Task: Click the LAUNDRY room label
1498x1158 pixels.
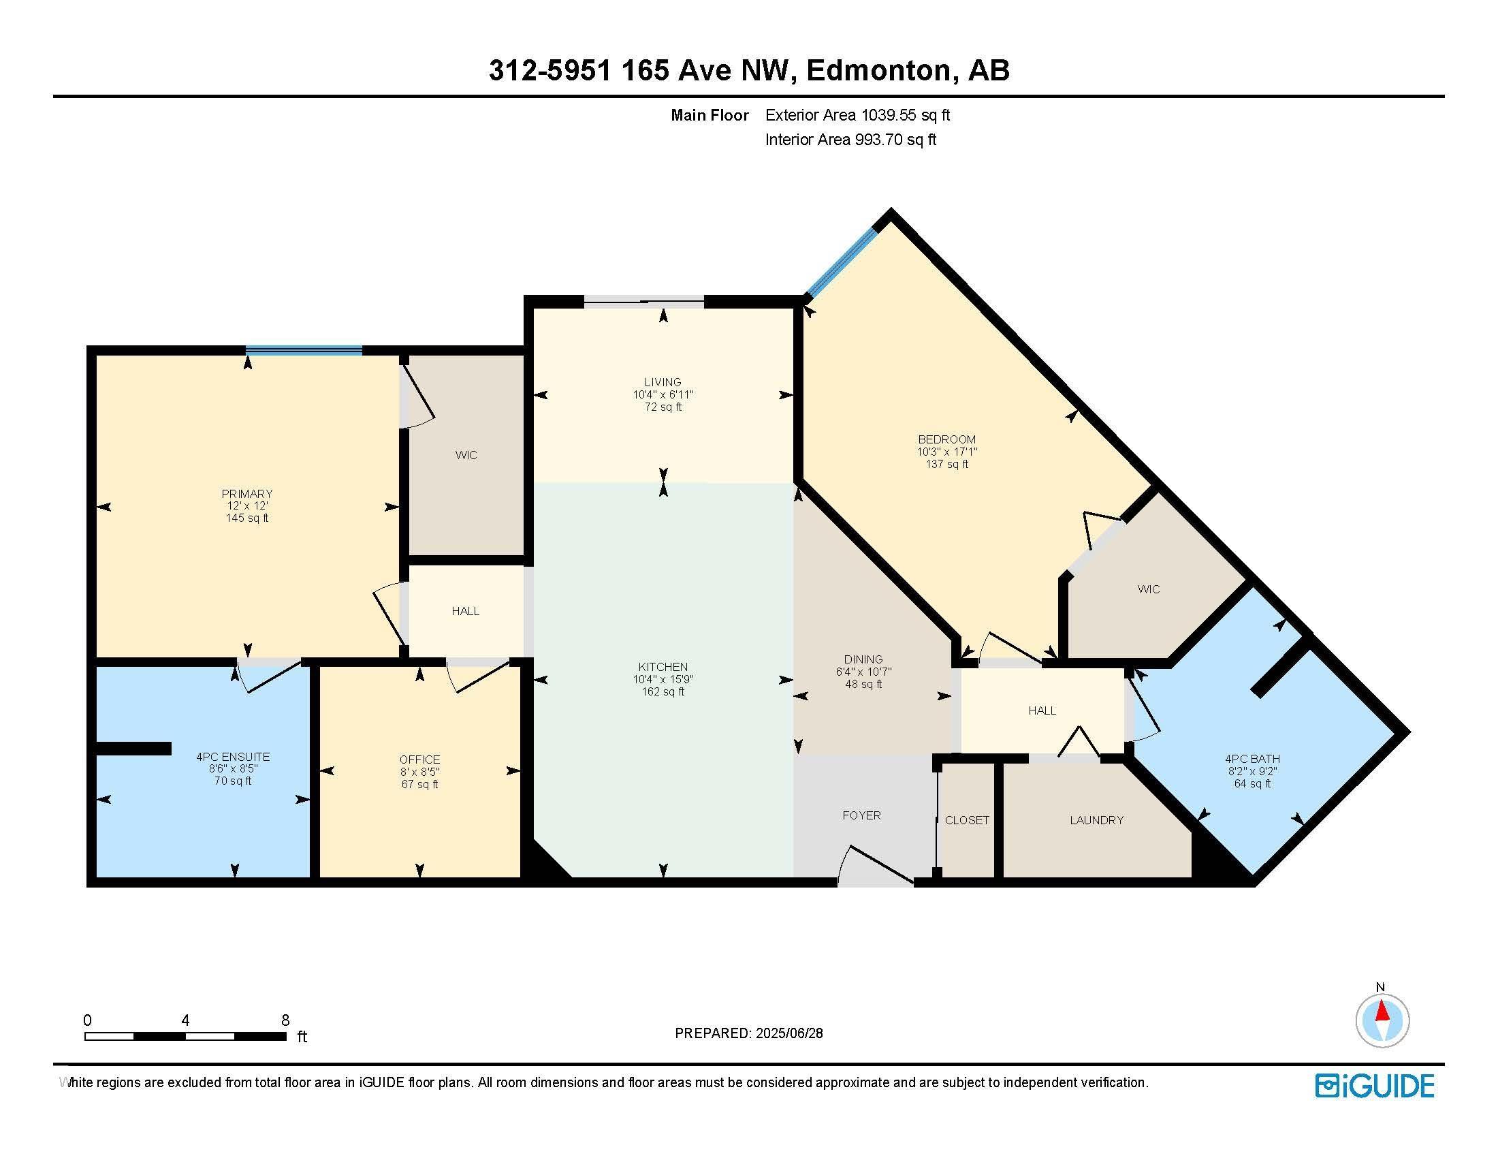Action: click(1096, 819)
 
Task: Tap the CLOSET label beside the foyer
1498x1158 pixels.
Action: click(966, 819)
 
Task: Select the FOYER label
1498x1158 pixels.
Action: click(861, 815)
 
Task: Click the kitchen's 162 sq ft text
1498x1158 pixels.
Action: click(663, 691)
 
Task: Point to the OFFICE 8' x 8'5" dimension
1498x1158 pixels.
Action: click(419, 772)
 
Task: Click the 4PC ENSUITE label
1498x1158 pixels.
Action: click(232, 757)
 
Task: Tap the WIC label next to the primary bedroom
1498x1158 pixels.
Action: click(466, 455)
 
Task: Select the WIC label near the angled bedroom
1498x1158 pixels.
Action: click(1148, 589)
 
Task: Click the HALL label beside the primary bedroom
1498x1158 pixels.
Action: click(465, 611)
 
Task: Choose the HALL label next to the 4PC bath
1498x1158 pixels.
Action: click(1041, 710)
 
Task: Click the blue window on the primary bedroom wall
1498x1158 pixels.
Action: click(304, 351)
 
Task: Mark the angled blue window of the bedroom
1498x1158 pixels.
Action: click(841, 264)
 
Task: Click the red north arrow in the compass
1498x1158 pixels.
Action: click(1382, 1012)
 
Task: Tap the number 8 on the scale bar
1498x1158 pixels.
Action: click(285, 1020)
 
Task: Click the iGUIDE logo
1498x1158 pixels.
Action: click(1374, 1086)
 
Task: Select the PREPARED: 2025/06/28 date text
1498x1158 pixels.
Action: click(748, 1033)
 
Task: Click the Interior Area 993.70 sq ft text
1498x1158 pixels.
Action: click(850, 140)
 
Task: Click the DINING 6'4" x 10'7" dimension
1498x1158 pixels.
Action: click(863, 672)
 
